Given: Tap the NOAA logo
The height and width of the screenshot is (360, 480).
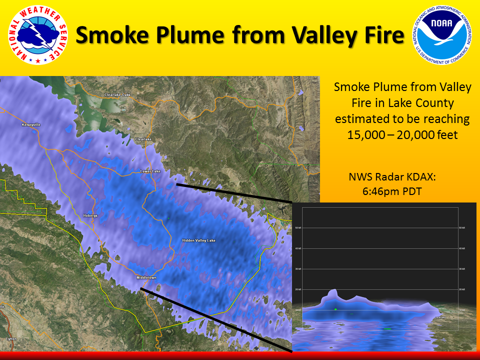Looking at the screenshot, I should click(442, 35).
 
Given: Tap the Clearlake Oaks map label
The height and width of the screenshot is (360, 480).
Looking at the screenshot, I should click(117, 94).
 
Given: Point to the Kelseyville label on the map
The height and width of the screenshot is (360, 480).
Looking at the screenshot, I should click(31, 124).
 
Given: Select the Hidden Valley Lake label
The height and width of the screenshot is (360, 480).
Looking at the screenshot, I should click(199, 240).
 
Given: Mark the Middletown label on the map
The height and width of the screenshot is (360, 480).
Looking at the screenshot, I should click(146, 277).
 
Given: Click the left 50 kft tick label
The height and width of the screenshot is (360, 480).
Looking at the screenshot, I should click(298, 228).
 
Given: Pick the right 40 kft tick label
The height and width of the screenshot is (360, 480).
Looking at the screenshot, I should click(462, 248).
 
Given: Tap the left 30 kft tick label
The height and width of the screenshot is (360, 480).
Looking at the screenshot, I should click(298, 269).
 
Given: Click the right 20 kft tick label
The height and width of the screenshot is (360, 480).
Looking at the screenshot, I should click(462, 289).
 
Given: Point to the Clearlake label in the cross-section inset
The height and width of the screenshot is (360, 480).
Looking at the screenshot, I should click(440, 317).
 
